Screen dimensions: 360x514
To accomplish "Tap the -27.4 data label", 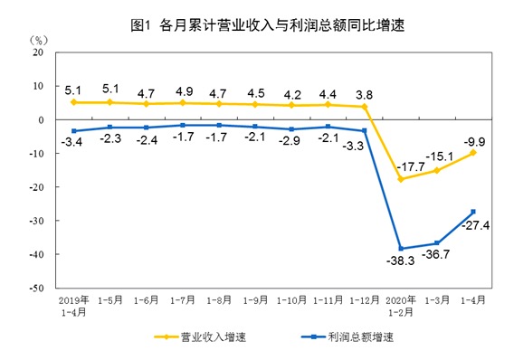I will (x=475, y=227).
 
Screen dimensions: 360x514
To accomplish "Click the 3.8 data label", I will (x=365, y=91).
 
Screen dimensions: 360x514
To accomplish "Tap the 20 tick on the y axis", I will (x=38, y=52).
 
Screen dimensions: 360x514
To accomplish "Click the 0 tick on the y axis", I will (x=41, y=120).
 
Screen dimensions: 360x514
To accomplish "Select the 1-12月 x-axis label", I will (x=364, y=300).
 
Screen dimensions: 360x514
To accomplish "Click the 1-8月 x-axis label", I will (x=220, y=300).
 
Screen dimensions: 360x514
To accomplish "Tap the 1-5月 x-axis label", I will (x=110, y=300).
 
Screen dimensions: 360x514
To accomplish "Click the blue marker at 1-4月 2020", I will (x=473, y=212).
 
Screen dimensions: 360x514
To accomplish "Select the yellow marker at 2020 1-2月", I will (x=400, y=179).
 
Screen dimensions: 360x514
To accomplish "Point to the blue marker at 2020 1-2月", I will (x=400, y=249).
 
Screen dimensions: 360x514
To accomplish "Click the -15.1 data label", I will (x=438, y=156).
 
